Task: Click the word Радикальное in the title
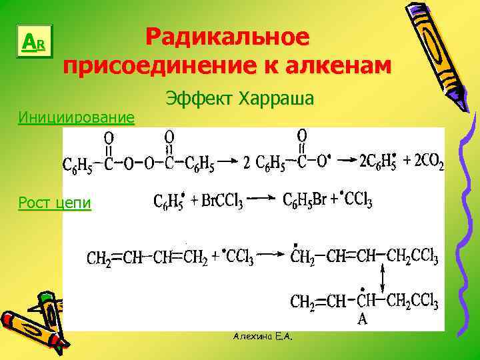point(227,37)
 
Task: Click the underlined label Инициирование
point(76,118)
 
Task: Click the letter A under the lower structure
point(363,319)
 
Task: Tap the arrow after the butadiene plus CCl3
point(271,254)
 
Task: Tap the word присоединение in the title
point(157,67)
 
